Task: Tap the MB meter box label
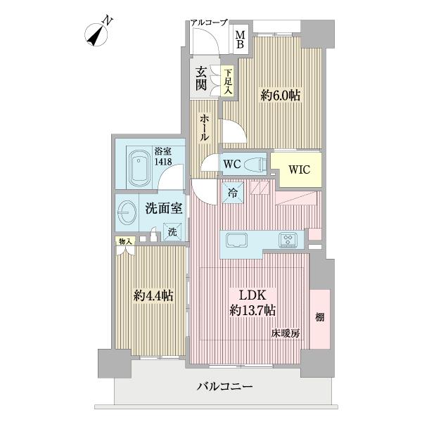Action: [240, 40]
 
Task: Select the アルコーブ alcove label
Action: [208, 23]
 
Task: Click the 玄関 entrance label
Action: [201, 79]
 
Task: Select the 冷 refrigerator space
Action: [231, 192]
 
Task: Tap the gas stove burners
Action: [288, 239]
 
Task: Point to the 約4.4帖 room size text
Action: [153, 296]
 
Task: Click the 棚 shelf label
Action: [319, 318]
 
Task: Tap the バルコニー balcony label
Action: [224, 387]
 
